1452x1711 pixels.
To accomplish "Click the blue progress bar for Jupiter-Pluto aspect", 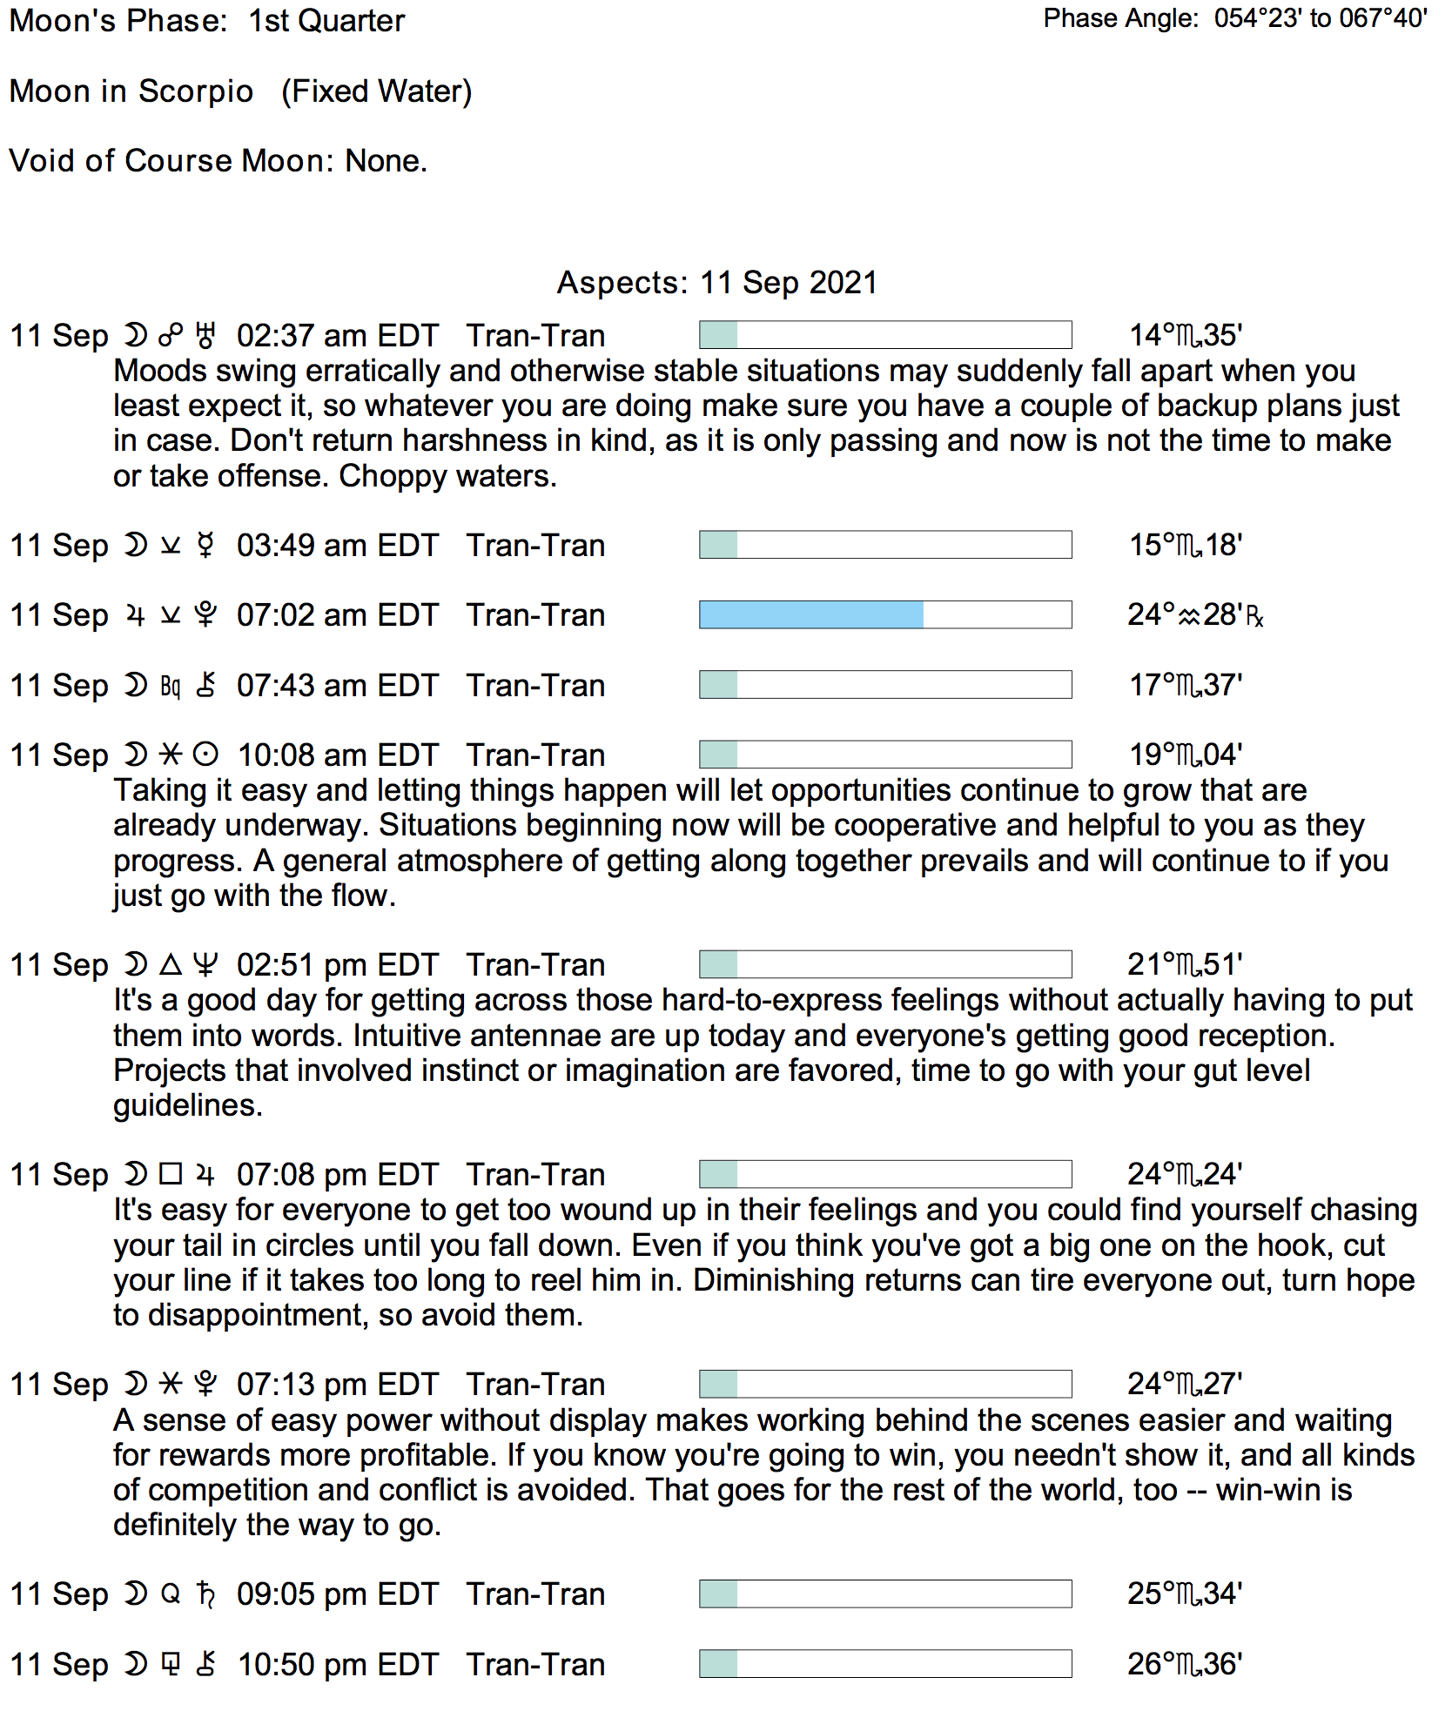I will click(x=810, y=614).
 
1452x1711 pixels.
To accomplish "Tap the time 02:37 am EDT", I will click(x=337, y=336).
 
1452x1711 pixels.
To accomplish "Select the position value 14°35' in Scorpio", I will click(x=1185, y=335).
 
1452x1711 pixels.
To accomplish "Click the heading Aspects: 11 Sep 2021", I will click(x=716, y=283).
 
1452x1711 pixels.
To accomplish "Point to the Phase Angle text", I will click(x=1234, y=18).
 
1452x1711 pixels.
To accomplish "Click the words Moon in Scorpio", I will click(x=131, y=91).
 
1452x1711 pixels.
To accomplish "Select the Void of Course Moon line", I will click(x=218, y=161).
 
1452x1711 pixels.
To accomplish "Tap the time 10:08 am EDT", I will click(x=337, y=755).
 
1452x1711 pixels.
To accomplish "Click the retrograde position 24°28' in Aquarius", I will click(x=1193, y=615).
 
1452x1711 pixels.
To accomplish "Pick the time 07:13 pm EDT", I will click(x=337, y=1385).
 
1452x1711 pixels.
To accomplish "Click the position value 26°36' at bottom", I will click(x=1184, y=1664).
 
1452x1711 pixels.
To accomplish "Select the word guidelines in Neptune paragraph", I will click(x=186, y=1105).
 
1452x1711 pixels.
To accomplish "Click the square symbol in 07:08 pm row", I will click(x=171, y=1175).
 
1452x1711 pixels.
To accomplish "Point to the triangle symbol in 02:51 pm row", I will click(x=171, y=965).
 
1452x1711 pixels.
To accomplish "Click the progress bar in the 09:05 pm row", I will click(x=884, y=1594).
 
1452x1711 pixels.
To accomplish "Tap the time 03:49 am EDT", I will click(x=337, y=546).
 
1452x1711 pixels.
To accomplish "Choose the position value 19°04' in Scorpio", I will click(x=1185, y=755).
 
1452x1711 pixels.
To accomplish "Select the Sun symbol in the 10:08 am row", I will click(x=205, y=755).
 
